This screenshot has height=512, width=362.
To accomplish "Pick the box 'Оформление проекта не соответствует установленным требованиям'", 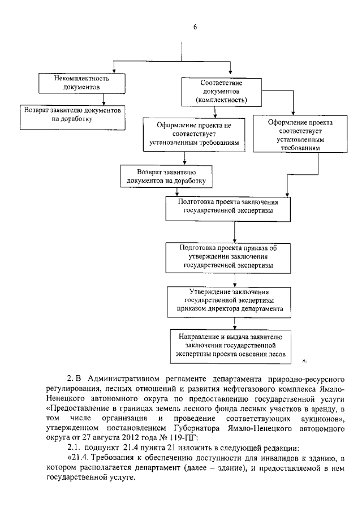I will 194,134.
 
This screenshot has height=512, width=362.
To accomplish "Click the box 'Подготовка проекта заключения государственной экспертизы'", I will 229,209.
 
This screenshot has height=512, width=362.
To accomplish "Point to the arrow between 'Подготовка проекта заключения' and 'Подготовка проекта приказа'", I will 234,231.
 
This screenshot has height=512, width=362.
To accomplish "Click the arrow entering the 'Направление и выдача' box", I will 233,322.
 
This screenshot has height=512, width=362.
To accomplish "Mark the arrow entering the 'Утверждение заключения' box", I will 233,279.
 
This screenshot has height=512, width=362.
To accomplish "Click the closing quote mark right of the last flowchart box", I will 304,358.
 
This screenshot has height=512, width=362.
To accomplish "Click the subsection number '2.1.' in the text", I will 75,449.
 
